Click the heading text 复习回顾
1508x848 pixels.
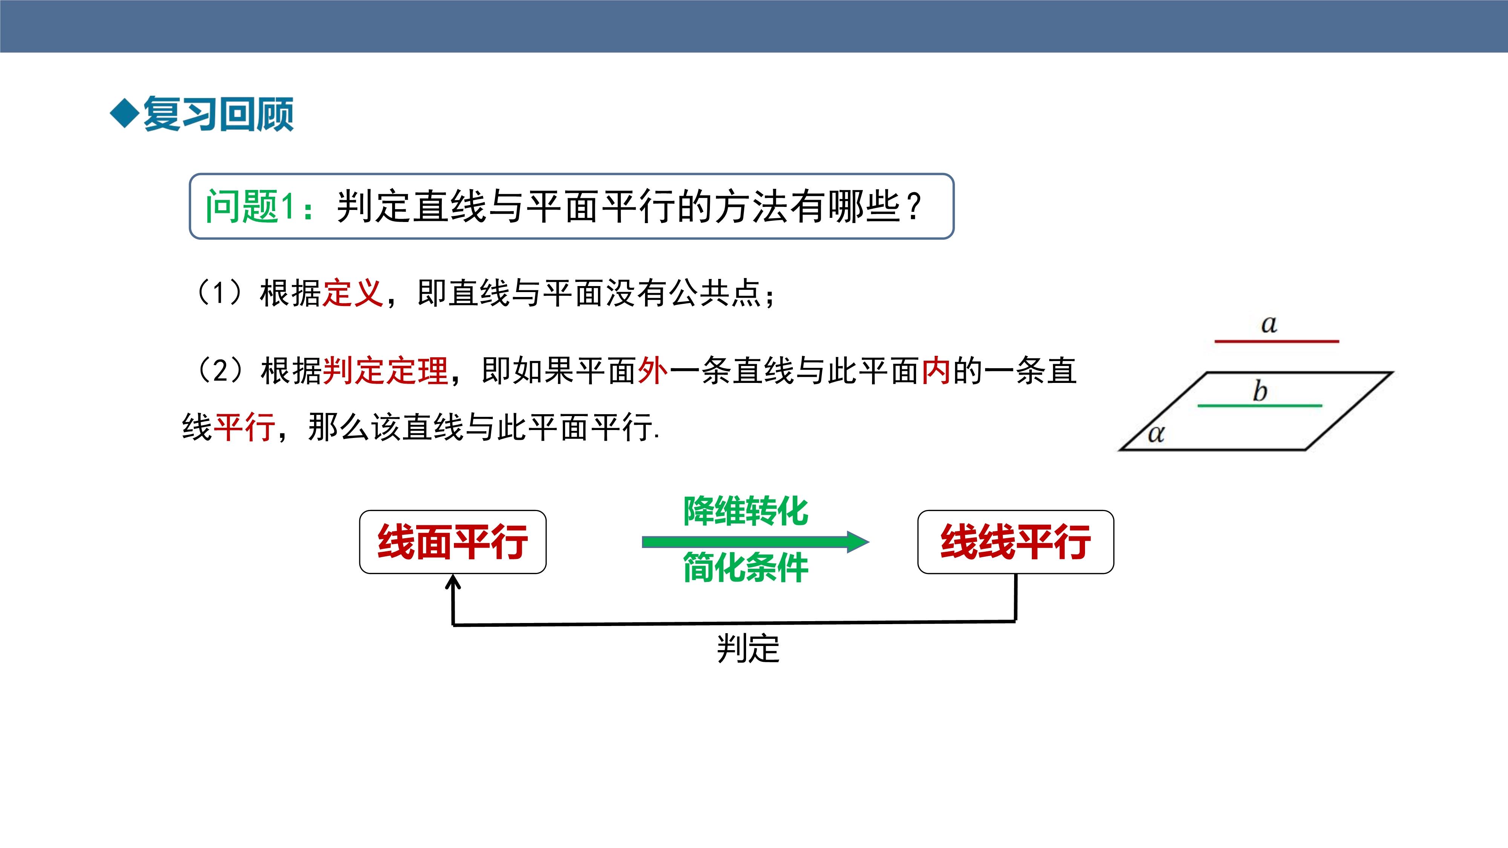click(218, 113)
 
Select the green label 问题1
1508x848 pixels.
click(249, 206)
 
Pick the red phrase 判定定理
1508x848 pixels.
click(385, 371)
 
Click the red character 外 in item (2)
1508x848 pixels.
click(653, 371)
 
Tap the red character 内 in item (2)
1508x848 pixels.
click(936, 371)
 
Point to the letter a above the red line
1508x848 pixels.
click(1269, 324)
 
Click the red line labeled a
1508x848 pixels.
click(1277, 341)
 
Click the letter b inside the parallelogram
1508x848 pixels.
click(1260, 391)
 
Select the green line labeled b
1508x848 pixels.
click(1260, 405)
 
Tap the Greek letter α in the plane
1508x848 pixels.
click(1156, 434)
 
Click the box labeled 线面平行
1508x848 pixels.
click(452, 542)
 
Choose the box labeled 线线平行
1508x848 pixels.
click(1016, 542)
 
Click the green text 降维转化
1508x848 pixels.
click(746, 511)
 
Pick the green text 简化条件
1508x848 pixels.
click(746, 567)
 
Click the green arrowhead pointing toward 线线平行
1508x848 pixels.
click(858, 542)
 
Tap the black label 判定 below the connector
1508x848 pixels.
click(748, 648)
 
